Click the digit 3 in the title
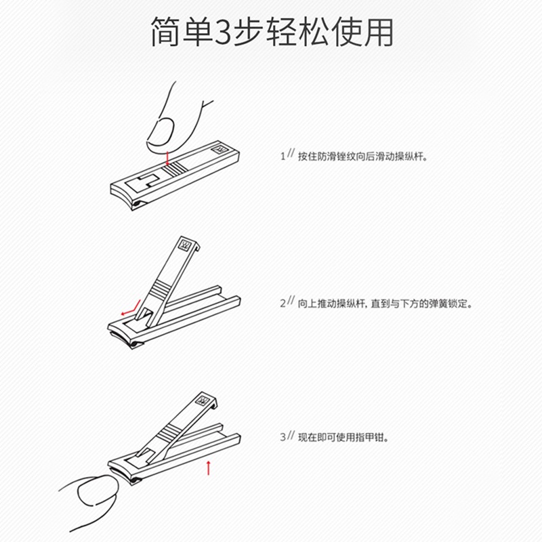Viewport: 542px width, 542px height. [222, 32]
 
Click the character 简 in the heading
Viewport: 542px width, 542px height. [166, 32]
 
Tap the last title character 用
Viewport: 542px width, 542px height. [377, 32]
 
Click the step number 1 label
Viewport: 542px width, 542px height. [283, 156]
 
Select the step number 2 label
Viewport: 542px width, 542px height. [283, 304]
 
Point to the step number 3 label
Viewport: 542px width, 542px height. [283, 438]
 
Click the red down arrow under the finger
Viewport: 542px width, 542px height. [167, 157]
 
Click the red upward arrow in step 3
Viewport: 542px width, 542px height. [209, 467]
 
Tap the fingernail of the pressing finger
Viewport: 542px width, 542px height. [161, 129]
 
